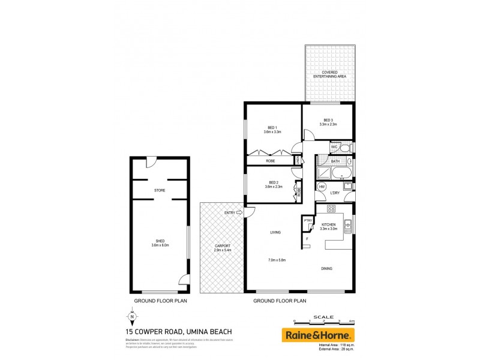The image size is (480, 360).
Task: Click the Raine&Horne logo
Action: [x=319, y=335]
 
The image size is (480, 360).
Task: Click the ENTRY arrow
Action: [x=239, y=212]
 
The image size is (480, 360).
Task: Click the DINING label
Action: [x=326, y=268]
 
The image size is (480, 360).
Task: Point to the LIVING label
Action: [x=275, y=232]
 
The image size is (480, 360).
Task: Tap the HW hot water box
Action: [x=322, y=187]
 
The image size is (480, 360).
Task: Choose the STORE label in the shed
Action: [x=160, y=190]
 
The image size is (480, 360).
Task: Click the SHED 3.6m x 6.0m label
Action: [x=160, y=243]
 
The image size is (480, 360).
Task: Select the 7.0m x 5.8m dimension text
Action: [x=277, y=260]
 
